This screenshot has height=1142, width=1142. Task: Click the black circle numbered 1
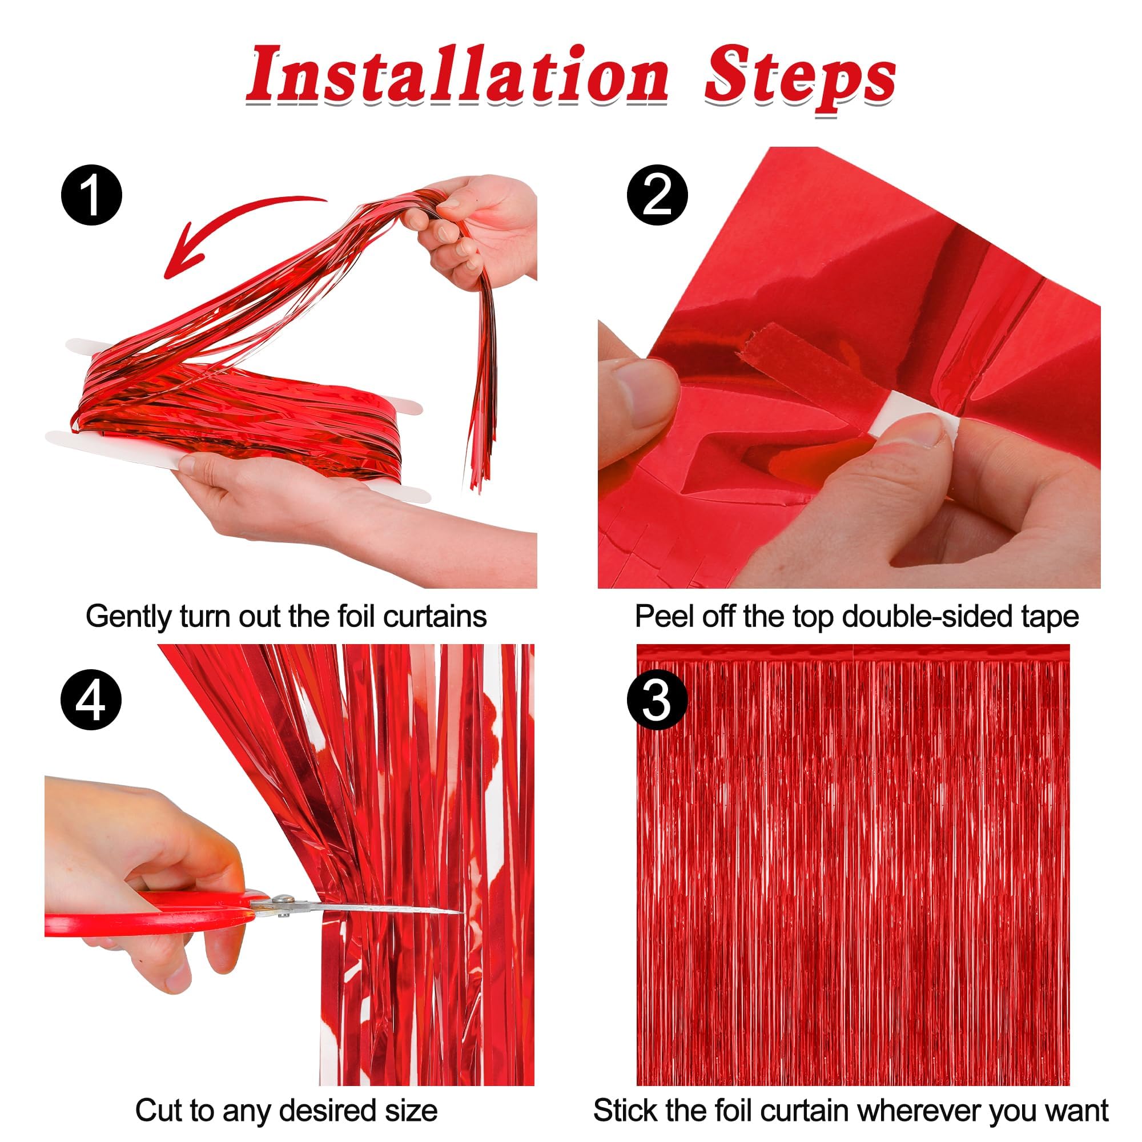click(x=91, y=195)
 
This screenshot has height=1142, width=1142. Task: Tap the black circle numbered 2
click(x=657, y=195)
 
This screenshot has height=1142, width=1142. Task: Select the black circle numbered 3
click(x=657, y=701)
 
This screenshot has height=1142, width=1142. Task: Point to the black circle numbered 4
click(x=91, y=701)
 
